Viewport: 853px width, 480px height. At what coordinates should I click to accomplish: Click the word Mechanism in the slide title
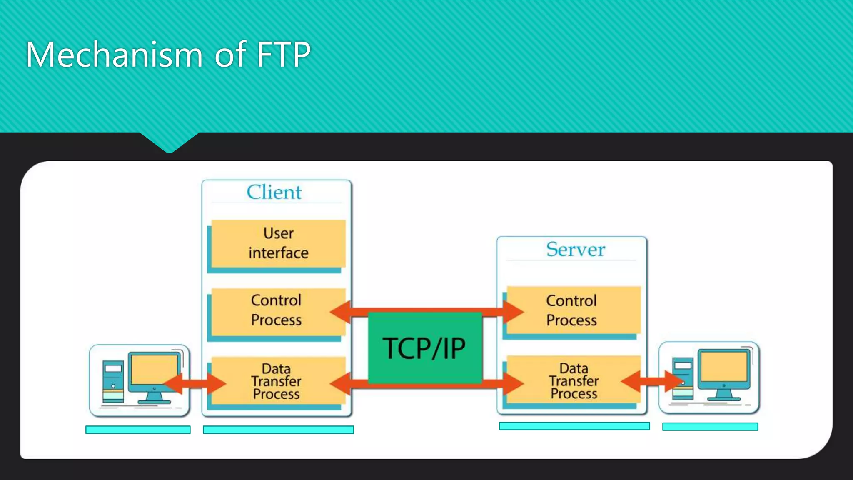point(114,55)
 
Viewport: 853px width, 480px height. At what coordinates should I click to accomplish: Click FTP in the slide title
point(283,55)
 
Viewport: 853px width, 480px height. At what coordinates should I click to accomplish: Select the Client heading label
point(274,192)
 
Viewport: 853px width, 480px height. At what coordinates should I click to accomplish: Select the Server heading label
point(575,249)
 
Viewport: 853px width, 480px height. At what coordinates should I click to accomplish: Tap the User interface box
point(278,243)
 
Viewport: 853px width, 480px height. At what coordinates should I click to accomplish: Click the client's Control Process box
point(276,310)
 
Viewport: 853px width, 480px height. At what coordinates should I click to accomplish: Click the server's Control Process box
point(571,310)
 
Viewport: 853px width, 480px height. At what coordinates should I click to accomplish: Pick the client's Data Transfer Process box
point(276,381)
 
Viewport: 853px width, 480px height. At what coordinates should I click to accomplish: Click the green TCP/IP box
point(425,347)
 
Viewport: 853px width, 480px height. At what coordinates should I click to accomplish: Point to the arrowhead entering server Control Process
point(512,312)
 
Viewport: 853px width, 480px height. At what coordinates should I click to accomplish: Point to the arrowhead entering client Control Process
point(341,312)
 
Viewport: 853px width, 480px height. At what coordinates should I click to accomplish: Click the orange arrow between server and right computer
point(652,381)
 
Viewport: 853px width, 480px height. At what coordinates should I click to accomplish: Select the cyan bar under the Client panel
point(278,430)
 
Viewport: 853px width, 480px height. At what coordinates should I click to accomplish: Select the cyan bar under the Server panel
point(574,426)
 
